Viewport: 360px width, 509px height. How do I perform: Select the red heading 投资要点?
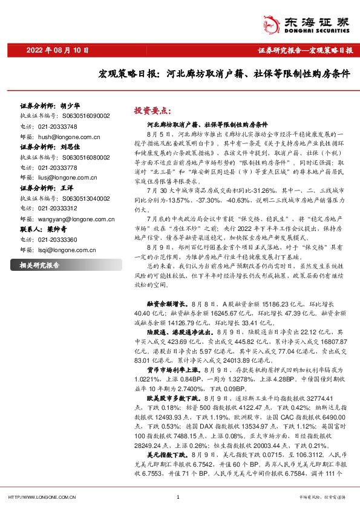[153, 111]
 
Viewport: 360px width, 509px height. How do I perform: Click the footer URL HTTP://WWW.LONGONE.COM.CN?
[41, 497]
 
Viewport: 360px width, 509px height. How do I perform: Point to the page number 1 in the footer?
[178, 497]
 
